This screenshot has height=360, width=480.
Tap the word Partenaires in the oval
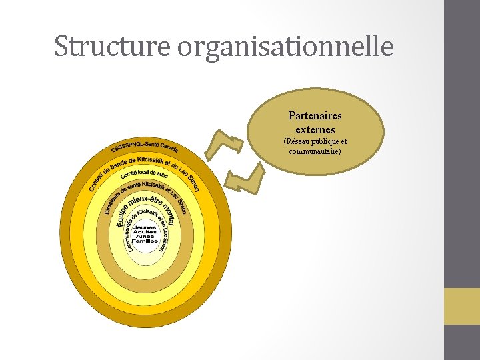pyautogui.click(x=315, y=116)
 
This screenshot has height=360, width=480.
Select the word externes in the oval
pyautogui.click(x=315, y=129)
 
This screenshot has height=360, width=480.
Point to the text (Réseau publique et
pyautogui.click(x=315, y=142)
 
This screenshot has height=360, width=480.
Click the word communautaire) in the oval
pyautogui.click(x=315, y=151)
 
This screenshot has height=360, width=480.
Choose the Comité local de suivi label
pyautogui.click(x=144, y=174)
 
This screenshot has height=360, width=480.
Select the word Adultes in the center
pyautogui.click(x=145, y=231)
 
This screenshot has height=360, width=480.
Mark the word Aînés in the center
pyautogui.click(x=145, y=236)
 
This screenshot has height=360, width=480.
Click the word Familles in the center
pyautogui.click(x=145, y=241)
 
